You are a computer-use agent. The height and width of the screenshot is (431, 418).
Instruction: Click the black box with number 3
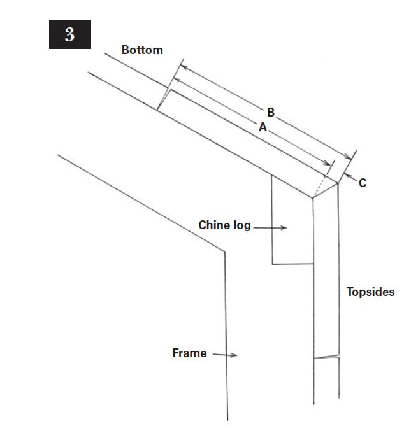pyautogui.click(x=70, y=34)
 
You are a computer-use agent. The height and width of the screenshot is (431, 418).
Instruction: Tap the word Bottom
pyautogui.click(x=142, y=50)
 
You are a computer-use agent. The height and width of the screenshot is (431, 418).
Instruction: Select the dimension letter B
pyautogui.click(x=271, y=112)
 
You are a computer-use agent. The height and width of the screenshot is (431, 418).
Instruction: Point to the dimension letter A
pyautogui.click(x=263, y=127)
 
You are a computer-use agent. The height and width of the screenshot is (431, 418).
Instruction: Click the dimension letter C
pyautogui.click(x=363, y=183)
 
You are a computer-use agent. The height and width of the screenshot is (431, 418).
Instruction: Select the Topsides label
pyautogui.click(x=370, y=292)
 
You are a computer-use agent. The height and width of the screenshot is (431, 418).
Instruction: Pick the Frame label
pyautogui.click(x=189, y=353)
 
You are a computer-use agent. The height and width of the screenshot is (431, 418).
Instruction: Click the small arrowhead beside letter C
pyautogui.click(x=347, y=175)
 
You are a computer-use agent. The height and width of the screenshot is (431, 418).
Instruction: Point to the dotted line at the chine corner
pyautogui.click(x=320, y=186)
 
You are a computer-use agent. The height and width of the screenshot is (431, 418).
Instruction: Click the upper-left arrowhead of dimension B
pyautogui.click(x=184, y=67)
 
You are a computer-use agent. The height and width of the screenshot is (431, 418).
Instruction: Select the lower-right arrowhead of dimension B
pyautogui.click(x=348, y=157)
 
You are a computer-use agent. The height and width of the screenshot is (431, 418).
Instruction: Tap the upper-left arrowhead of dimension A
pyautogui.click(x=175, y=80)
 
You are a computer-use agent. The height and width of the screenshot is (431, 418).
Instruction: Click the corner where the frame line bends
pyautogui.click(x=224, y=251)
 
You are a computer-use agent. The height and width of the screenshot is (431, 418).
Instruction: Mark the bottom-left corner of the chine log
pyautogui.click(x=273, y=264)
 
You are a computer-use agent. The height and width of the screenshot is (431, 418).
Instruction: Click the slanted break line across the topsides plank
pyautogui.click(x=326, y=357)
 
